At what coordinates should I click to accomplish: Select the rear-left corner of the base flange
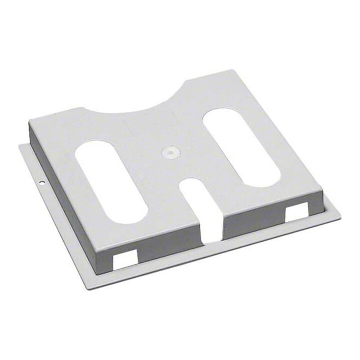click(20, 145)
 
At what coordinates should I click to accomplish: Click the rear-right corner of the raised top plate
click(231, 71)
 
